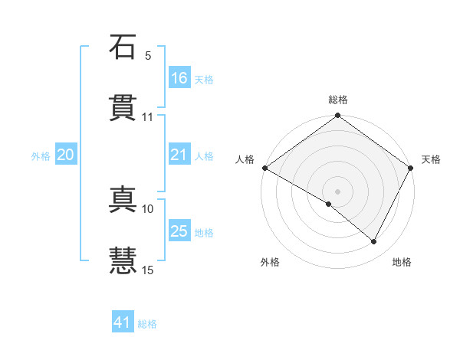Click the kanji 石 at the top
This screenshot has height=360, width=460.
(123, 47)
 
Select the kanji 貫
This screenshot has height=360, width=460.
(123, 108)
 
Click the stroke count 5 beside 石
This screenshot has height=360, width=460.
(148, 56)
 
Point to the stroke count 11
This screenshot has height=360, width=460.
(148, 117)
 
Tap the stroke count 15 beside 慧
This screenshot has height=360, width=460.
(148, 270)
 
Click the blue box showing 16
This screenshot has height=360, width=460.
(179, 78)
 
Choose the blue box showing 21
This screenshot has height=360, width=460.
(179, 155)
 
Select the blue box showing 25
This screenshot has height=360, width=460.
(179, 231)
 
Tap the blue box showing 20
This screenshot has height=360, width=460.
(66, 155)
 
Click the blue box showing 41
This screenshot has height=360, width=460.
(123, 323)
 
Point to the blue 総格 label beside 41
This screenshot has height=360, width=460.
(147, 324)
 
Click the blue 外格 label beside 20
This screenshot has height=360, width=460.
(41, 156)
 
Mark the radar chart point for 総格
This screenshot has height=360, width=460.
(337, 116)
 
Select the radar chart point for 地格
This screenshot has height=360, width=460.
(374, 242)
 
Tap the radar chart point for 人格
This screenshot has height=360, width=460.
(264, 168)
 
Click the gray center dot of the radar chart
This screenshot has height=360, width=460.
(337, 191)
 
